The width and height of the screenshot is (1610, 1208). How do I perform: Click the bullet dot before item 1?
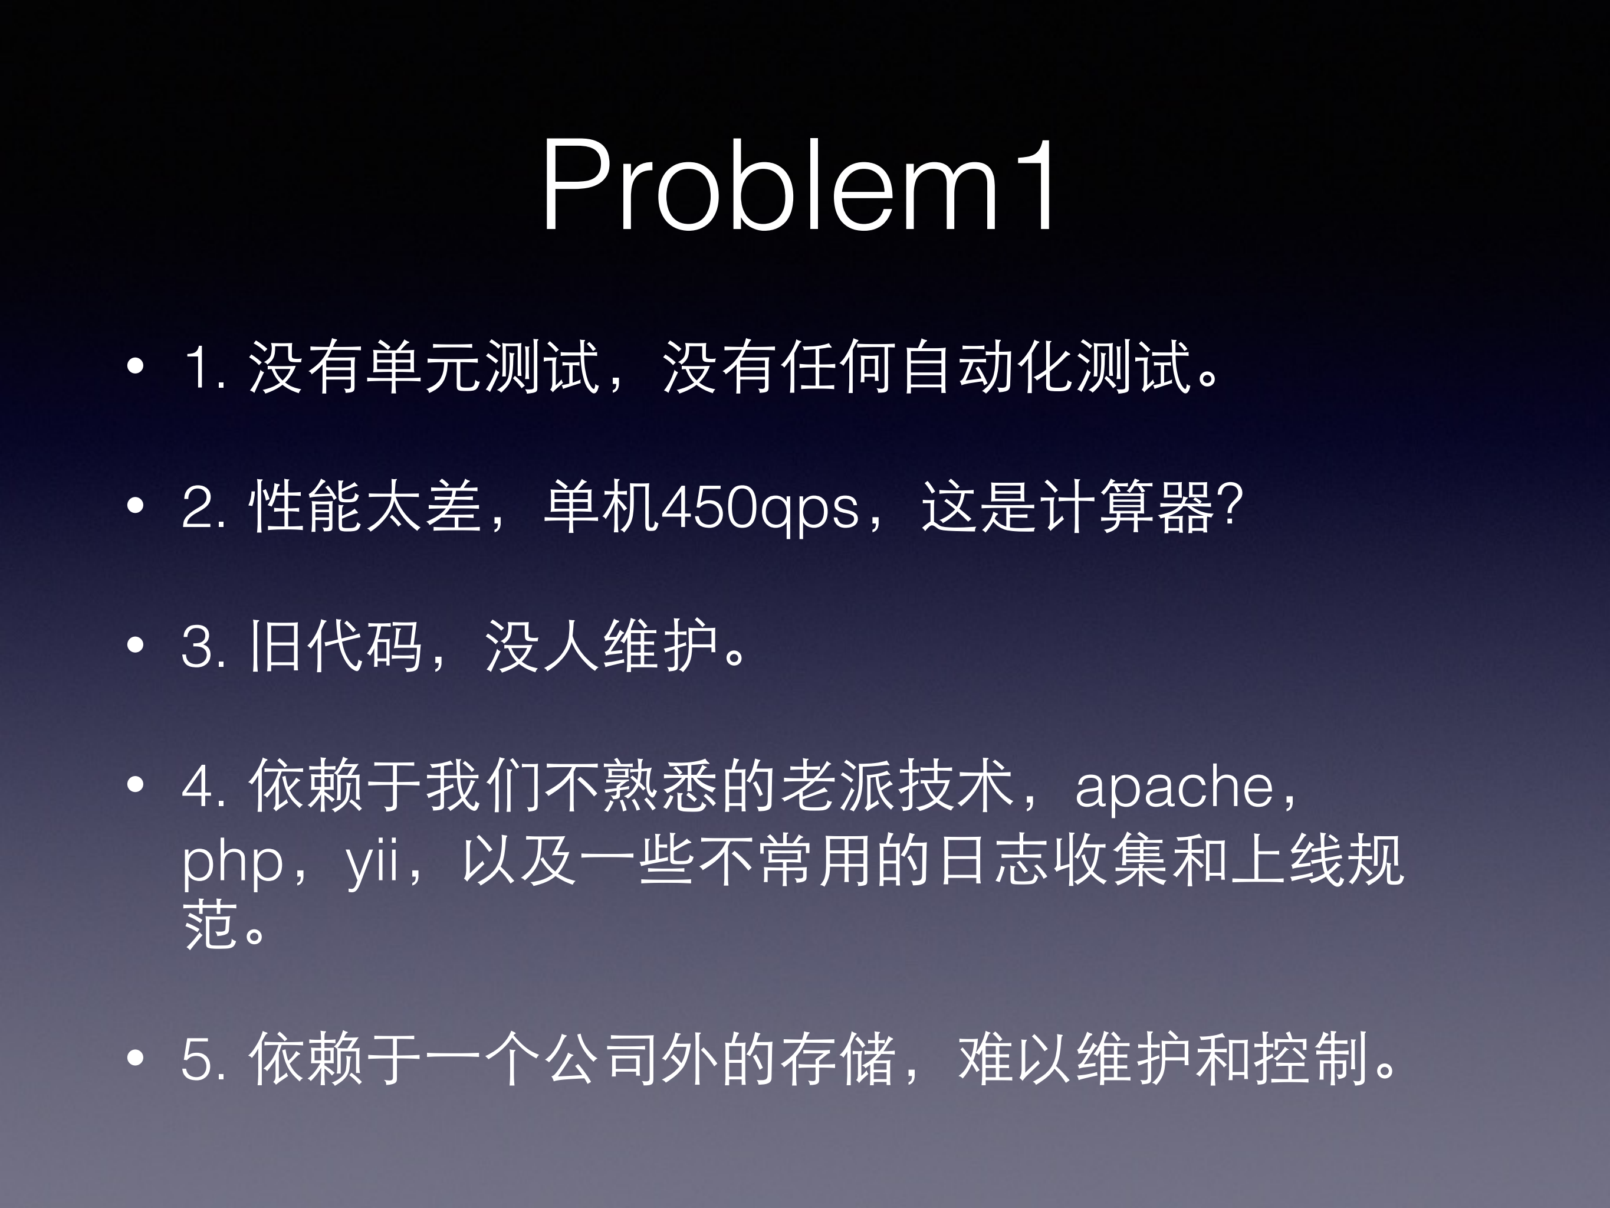(x=136, y=366)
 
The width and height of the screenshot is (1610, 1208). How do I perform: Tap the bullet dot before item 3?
(x=136, y=645)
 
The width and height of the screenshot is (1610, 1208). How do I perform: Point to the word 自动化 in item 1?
(x=985, y=367)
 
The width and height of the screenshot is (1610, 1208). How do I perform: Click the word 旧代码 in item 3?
(x=336, y=646)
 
